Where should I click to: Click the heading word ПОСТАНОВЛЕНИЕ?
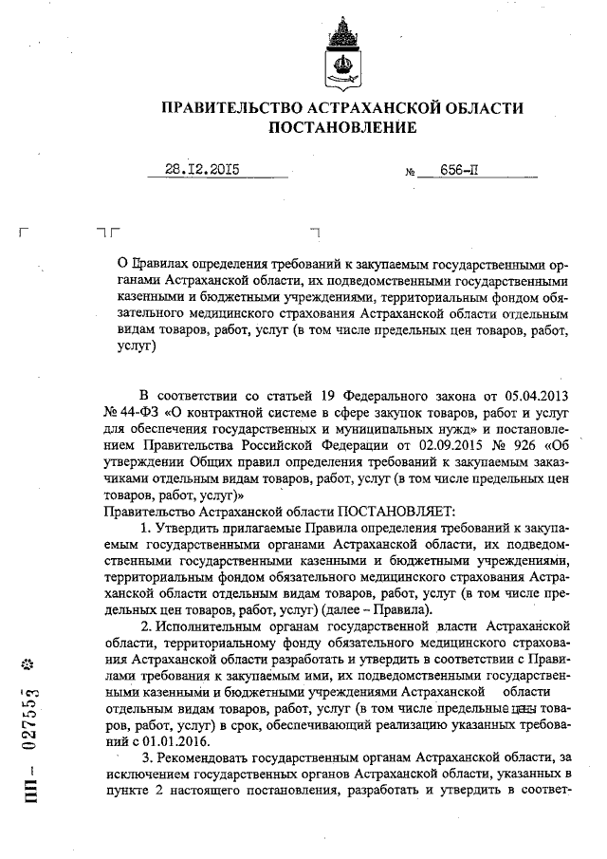coord(342,126)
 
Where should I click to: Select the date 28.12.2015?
coord(202,171)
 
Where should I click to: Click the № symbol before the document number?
coord(412,174)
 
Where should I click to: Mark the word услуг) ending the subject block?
coord(135,347)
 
